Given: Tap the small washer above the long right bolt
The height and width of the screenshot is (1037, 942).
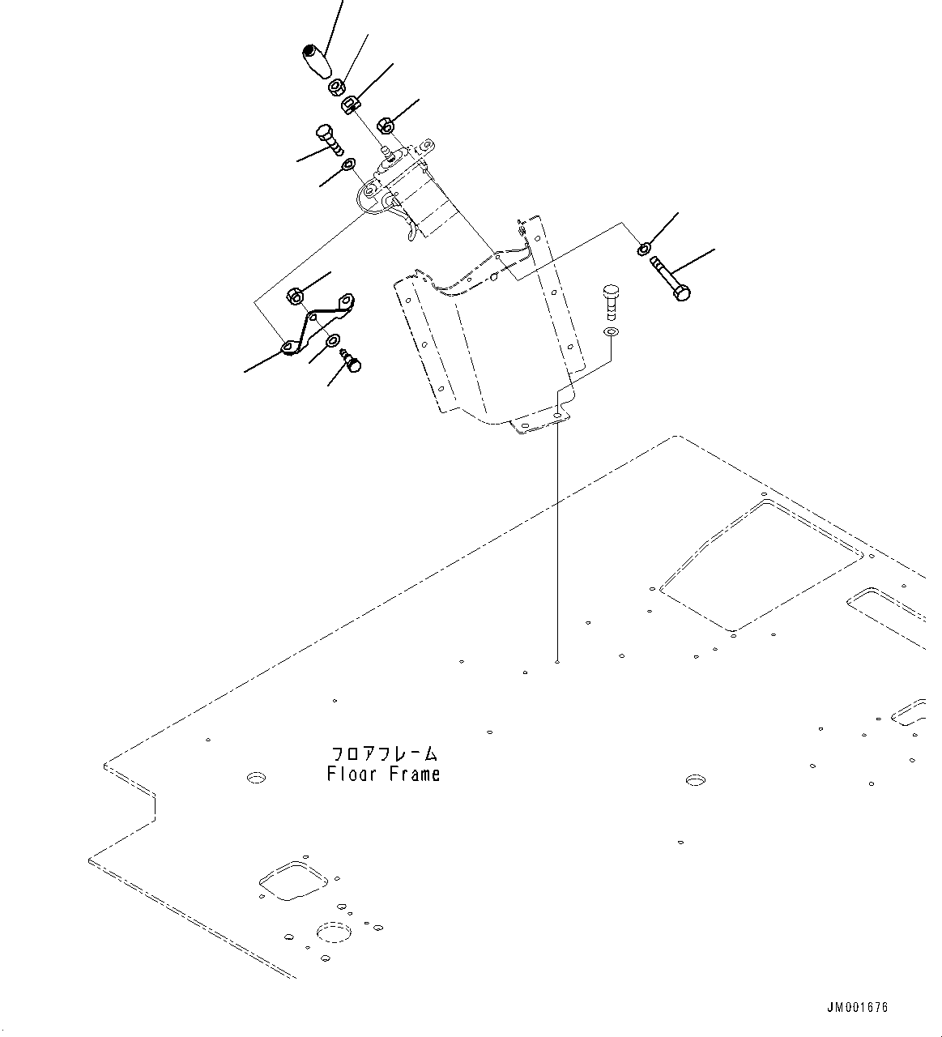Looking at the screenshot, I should [643, 249].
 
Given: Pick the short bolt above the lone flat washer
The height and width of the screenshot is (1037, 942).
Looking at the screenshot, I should [611, 302].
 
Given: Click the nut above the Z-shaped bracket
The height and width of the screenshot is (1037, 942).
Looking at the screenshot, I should [296, 297].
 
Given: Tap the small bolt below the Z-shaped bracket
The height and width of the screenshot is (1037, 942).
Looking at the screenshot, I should [352, 361].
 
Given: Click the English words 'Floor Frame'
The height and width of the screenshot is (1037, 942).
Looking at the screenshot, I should [383, 775].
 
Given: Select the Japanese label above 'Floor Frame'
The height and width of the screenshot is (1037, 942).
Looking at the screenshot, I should [383, 753].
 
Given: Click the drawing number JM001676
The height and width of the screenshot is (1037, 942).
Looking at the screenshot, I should [857, 1007].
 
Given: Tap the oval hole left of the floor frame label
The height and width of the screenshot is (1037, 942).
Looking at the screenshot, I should [256, 778].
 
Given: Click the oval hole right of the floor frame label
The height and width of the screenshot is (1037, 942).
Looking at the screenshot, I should [694, 780].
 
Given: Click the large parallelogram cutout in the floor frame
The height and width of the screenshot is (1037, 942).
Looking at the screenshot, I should [760, 565].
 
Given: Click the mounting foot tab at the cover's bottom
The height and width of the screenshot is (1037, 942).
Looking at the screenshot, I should [541, 422].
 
